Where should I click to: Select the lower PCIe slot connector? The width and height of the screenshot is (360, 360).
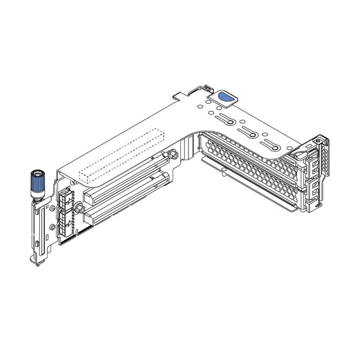pos(127,197)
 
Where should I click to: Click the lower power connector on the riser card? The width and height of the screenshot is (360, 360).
pos(66,220)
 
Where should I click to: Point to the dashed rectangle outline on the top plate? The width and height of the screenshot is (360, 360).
pos(122,155)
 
